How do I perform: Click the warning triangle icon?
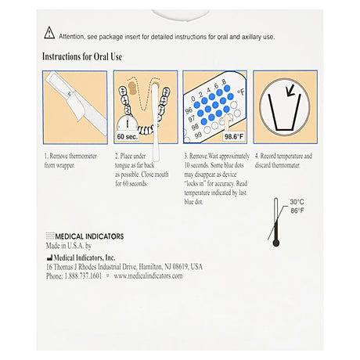49,33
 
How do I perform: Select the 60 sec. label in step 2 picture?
127,136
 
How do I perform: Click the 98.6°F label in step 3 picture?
233,136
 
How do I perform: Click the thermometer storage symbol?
275,221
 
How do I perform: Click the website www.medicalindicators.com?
148,276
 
